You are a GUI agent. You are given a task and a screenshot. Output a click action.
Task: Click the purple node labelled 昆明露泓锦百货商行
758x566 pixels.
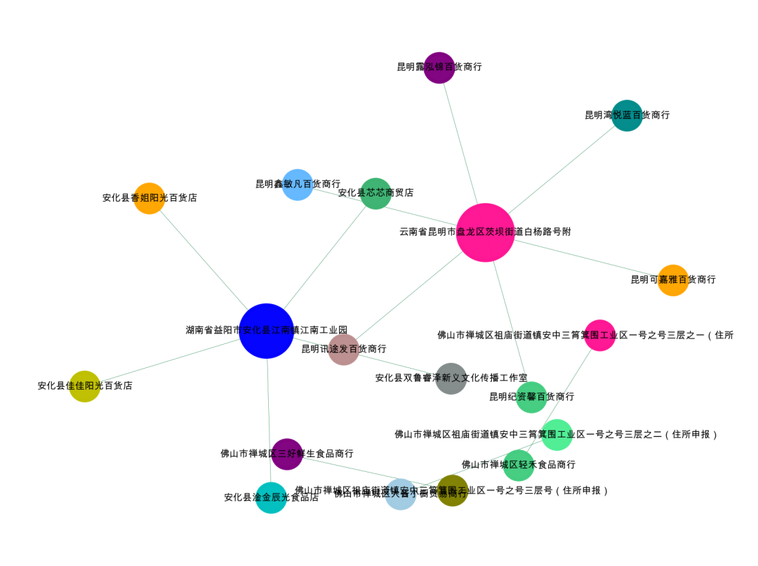point(439,67)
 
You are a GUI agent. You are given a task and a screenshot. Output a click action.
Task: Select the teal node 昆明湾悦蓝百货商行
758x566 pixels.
point(627,115)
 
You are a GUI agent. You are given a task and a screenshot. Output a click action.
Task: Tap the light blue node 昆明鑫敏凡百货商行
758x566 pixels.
point(298,185)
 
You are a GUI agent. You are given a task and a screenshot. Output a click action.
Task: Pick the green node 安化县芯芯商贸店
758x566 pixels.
point(375,193)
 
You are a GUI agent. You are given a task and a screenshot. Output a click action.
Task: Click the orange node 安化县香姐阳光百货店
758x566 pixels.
point(149,198)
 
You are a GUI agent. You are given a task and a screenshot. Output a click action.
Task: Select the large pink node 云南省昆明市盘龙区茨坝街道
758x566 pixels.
point(485,232)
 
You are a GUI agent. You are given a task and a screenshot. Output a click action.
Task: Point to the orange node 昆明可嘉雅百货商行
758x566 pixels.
point(673,280)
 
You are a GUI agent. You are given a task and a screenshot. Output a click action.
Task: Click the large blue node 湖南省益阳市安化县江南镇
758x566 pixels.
point(266,331)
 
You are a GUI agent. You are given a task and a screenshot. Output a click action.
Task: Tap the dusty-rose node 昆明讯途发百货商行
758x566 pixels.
point(344,349)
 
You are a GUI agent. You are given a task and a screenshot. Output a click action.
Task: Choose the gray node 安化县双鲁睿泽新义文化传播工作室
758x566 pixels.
point(451,379)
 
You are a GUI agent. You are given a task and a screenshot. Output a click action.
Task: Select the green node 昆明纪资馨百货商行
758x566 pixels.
point(531,397)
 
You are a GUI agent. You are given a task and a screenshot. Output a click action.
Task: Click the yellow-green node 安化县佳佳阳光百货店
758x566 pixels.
point(85,386)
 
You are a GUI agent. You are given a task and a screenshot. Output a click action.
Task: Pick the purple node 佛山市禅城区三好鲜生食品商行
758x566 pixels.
point(287,454)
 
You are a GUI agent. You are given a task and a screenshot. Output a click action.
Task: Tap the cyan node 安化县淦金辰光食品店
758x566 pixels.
point(271,497)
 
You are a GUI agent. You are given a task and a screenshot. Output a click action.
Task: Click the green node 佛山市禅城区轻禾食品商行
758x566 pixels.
point(519,465)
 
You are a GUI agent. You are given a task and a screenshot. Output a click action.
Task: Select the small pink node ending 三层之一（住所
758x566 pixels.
point(599,336)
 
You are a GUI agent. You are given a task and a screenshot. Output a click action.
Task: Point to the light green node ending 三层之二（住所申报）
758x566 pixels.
point(557,435)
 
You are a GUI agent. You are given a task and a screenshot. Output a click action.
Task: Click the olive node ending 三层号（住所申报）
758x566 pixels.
point(453,490)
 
